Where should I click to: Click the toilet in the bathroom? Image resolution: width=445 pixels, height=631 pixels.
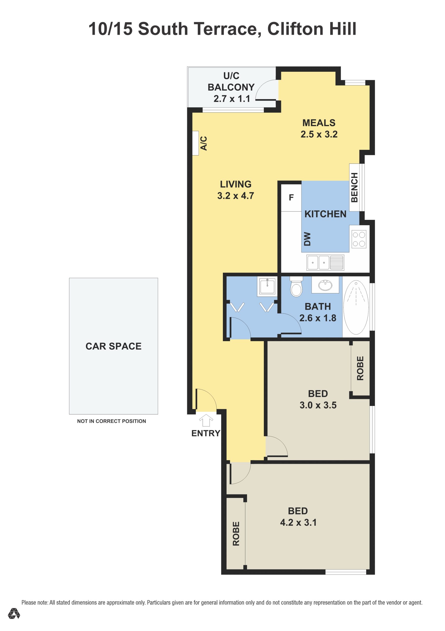tap(296, 287)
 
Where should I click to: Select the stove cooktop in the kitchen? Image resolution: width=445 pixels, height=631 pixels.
tap(359, 239)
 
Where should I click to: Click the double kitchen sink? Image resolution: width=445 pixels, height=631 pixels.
tap(325, 263)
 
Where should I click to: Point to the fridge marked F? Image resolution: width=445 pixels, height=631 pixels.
tap(291, 198)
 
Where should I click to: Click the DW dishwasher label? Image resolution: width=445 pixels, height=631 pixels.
tap(307, 239)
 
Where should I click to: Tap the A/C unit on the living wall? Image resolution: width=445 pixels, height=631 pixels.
tap(195, 143)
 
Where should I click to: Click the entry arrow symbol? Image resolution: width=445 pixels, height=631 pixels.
tap(206, 420)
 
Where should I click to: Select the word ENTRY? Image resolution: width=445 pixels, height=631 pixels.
tap(206, 433)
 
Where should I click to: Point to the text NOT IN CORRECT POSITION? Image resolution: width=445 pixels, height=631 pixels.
tap(112, 421)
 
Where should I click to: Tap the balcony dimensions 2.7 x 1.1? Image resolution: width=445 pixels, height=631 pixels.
tap(232, 99)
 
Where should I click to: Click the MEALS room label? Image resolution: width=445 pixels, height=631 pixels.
tap(319, 123)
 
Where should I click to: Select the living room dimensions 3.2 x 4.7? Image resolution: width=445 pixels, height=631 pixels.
tap(235, 196)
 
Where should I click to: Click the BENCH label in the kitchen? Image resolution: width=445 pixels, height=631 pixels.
tap(354, 187)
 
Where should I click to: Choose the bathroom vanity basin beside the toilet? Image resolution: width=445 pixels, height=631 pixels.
tap(325, 285)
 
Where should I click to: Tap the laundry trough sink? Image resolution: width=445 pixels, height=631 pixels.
tap(267, 286)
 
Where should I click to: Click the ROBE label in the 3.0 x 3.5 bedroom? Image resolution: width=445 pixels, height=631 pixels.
tap(360, 368)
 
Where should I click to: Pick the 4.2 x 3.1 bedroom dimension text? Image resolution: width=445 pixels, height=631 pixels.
tap(298, 523)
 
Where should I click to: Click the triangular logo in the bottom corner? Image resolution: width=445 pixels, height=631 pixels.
tap(14, 613)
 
